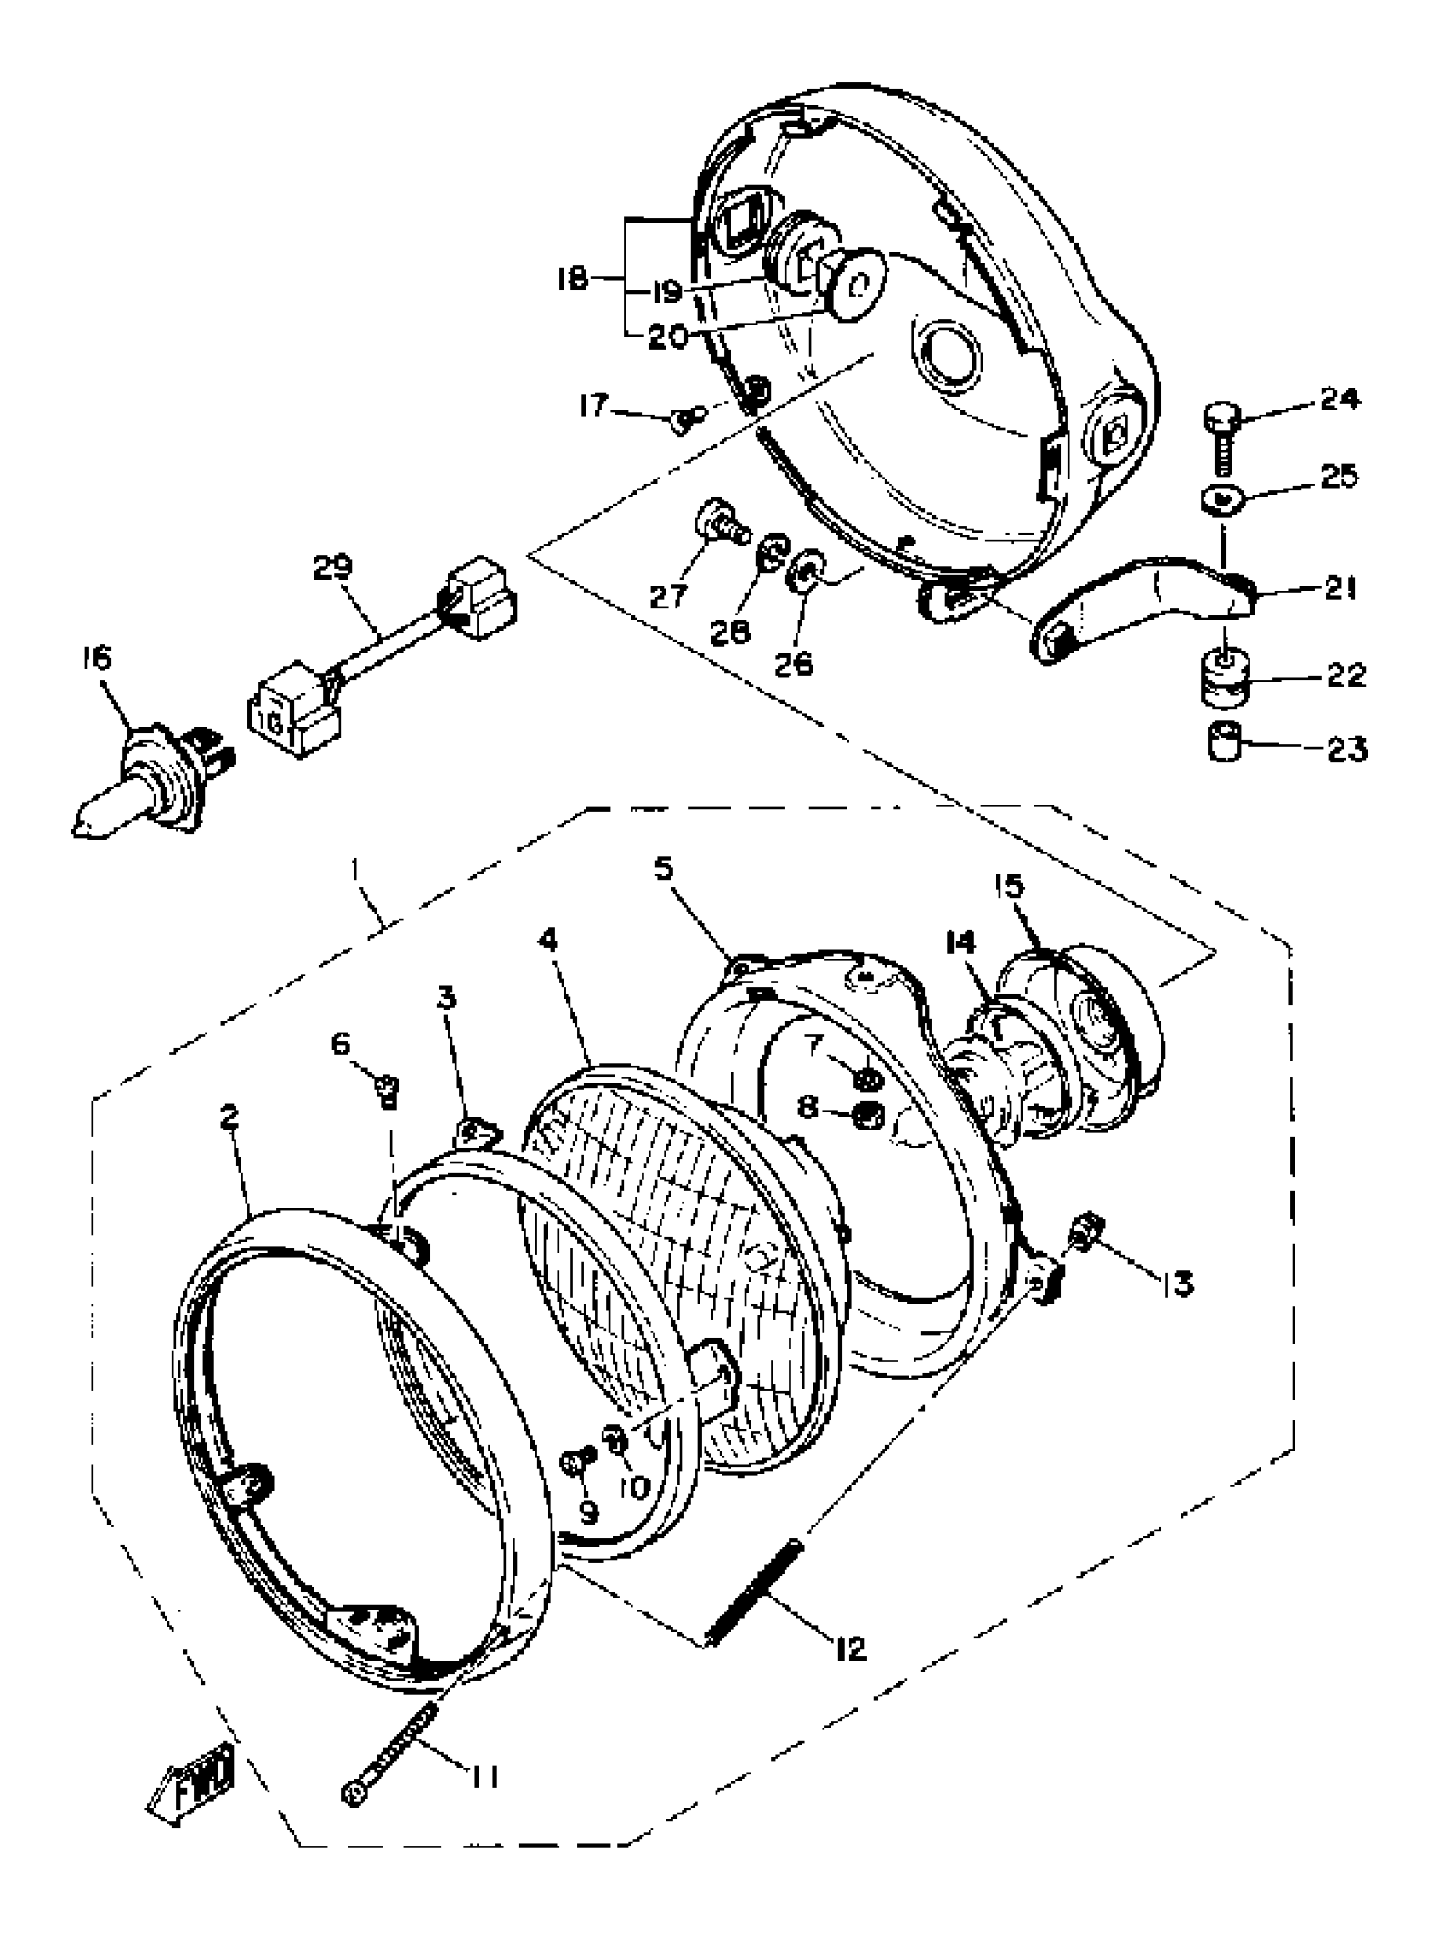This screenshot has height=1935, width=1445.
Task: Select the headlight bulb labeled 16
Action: point(149,779)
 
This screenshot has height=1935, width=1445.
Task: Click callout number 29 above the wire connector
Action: point(333,568)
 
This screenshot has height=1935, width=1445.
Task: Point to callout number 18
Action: point(574,280)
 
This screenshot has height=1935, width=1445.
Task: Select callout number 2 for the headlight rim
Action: point(229,1117)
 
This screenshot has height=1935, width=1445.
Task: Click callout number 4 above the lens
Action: point(547,941)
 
